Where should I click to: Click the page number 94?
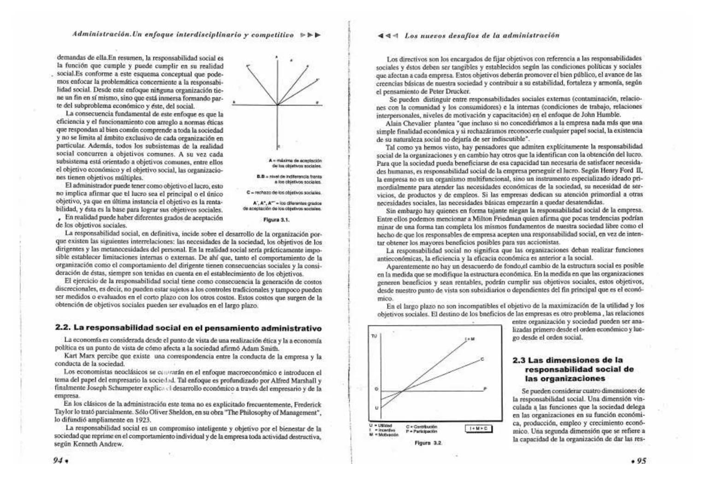pyautogui.click(x=58, y=461)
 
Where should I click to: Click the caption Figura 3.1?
pyautogui.click(x=276, y=220)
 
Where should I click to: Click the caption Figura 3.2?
pyautogui.click(x=428, y=443)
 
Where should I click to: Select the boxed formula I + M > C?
pyautogui.click(x=479, y=428)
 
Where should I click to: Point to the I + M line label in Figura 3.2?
pyautogui.click(x=469, y=339)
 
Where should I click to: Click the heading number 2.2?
pyautogui.click(x=62, y=328)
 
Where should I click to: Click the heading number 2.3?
pyautogui.click(x=520, y=360)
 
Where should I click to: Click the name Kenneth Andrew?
pyautogui.click(x=100, y=444)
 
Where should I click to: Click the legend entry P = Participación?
pyautogui.click(x=422, y=431)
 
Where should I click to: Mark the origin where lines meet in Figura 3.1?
pyautogui.click(x=277, y=104)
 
